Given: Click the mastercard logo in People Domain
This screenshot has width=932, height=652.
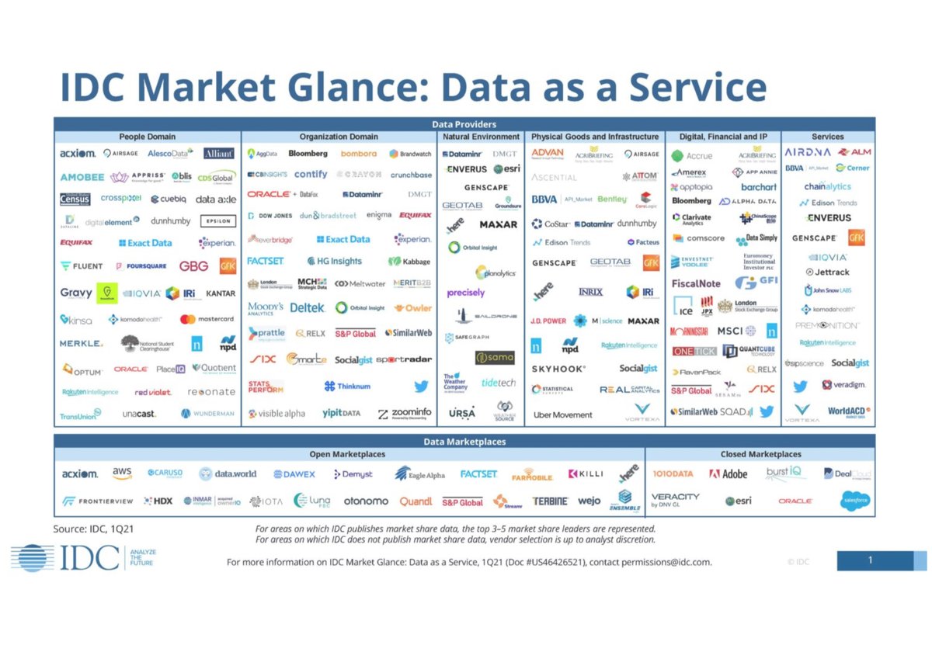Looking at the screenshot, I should pos(207,319).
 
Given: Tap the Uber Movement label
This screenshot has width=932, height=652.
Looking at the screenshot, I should pos(563,414).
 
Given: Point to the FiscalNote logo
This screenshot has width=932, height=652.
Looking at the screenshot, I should pos(696,283).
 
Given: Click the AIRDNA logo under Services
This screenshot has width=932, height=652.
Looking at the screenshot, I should pos(808,152).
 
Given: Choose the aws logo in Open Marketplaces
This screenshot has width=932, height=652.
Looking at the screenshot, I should pos(122,473).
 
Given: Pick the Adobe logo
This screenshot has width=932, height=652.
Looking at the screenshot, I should pos(729,473).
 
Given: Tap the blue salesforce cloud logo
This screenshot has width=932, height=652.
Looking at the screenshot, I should pos(855,501).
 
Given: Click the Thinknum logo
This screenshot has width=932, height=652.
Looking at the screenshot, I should pos(347,386).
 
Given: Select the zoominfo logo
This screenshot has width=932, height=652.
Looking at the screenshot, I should pos(405,414).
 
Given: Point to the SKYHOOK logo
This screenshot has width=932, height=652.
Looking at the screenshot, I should pos(558,369).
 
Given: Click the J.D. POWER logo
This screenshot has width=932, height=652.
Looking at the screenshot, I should pos(548,321).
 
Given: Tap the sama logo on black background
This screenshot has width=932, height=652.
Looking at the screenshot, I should pos(495,358).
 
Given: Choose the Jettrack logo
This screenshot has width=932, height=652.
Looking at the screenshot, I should pos(827,272).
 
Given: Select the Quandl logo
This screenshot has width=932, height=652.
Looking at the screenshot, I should pos(416,501).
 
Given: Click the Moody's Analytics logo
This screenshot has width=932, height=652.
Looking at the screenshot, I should pos(266,308).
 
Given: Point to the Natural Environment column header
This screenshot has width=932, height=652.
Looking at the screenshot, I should pos(482,137).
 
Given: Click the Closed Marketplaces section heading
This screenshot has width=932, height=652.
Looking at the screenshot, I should pos(760,454).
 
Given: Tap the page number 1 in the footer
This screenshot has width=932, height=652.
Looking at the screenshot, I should pos(871,560).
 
